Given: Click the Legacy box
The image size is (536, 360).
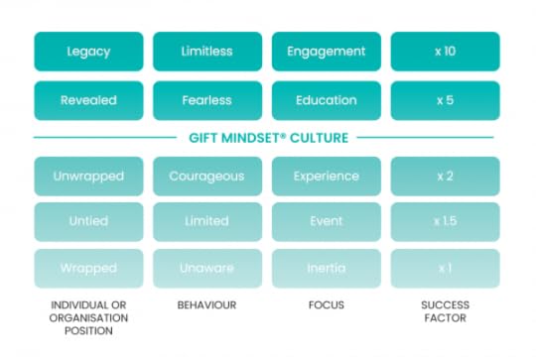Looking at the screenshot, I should pyautogui.click(x=88, y=52).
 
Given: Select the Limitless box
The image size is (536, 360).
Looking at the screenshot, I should pyautogui.click(x=207, y=52).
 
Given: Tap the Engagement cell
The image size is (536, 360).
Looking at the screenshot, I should pyautogui.click(x=326, y=52).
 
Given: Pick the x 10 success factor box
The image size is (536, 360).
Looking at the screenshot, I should pyautogui.click(x=445, y=52).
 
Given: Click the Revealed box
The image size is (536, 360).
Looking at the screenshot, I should pyautogui.click(x=88, y=100).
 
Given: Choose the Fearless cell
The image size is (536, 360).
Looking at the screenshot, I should pyautogui.click(x=207, y=100).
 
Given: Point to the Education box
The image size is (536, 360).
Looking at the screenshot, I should pyautogui.click(x=326, y=100).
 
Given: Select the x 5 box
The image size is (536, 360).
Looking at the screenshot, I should pyautogui.click(x=445, y=100).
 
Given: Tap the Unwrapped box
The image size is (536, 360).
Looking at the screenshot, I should pyautogui.click(x=88, y=177).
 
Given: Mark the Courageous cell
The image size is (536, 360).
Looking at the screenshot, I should pyautogui.click(x=207, y=177).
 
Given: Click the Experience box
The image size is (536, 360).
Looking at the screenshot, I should pyautogui.click(x=326, y=177).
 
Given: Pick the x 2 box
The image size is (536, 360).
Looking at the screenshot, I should pyautogui.click(x=445, y=177).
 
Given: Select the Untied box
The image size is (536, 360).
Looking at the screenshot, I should pyautogui.click(x=88, y=221).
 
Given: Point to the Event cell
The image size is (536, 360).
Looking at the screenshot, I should pyautogui.click(x=326, y=221).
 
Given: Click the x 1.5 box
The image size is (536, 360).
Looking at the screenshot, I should pyautogui.click(x=445, y=221).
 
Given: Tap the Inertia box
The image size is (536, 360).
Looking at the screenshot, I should pyautogui.click(x=326, y=268).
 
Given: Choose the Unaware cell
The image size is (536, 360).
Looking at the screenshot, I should pyautogui.click(x=207, y=268).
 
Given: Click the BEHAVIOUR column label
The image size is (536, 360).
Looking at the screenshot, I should pyautogui.click(x=207, y=305).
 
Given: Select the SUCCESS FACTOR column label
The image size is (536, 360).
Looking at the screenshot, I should pyautogui.click(x=445, y=311).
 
